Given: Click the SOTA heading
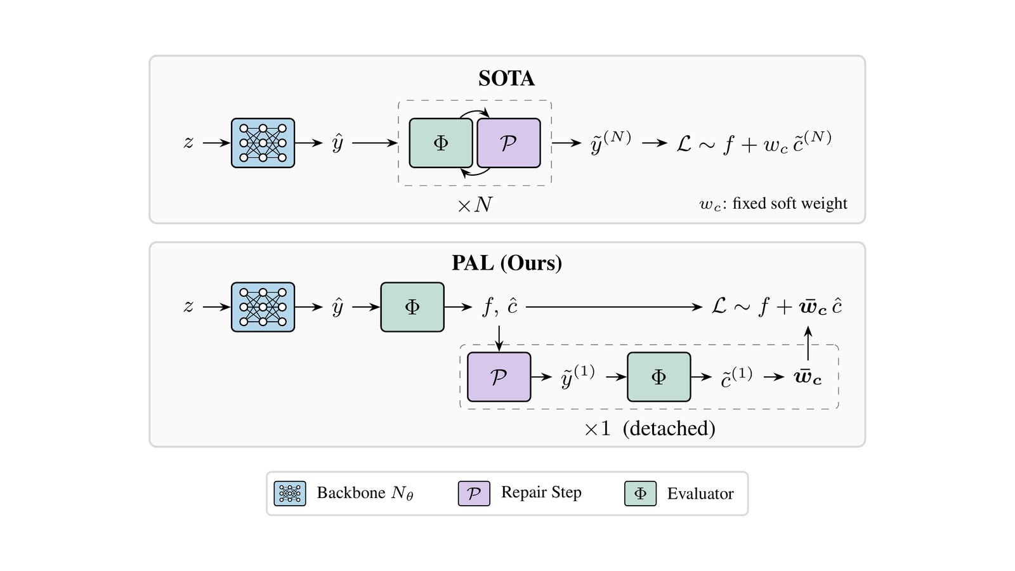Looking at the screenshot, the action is [507, 79].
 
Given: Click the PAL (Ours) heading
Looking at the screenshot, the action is [507, 263].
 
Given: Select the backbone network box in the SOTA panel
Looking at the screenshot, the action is [263, 143].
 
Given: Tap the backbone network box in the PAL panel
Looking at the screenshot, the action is [263, 307].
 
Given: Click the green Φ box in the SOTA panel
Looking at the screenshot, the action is [441, 143].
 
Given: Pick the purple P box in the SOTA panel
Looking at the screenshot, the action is [509, 143].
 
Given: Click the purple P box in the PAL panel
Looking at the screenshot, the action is [499, 377].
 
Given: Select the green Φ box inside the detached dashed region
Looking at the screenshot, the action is [659, 377].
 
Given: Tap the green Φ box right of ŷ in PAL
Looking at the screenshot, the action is [412, 307].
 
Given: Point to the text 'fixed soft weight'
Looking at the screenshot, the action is [790, 204].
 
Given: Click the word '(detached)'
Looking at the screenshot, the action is [669, 428].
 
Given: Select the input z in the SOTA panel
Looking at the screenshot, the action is [188, 142].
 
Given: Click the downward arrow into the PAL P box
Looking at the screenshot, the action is [499, 338].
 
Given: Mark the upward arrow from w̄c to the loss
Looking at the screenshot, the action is [808, 343].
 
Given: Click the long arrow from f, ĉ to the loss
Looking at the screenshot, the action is [614, 307].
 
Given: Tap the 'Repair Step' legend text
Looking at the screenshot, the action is [541, 492].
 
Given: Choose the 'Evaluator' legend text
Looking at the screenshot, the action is [700, 494].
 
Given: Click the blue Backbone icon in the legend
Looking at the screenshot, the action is [290, 494].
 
